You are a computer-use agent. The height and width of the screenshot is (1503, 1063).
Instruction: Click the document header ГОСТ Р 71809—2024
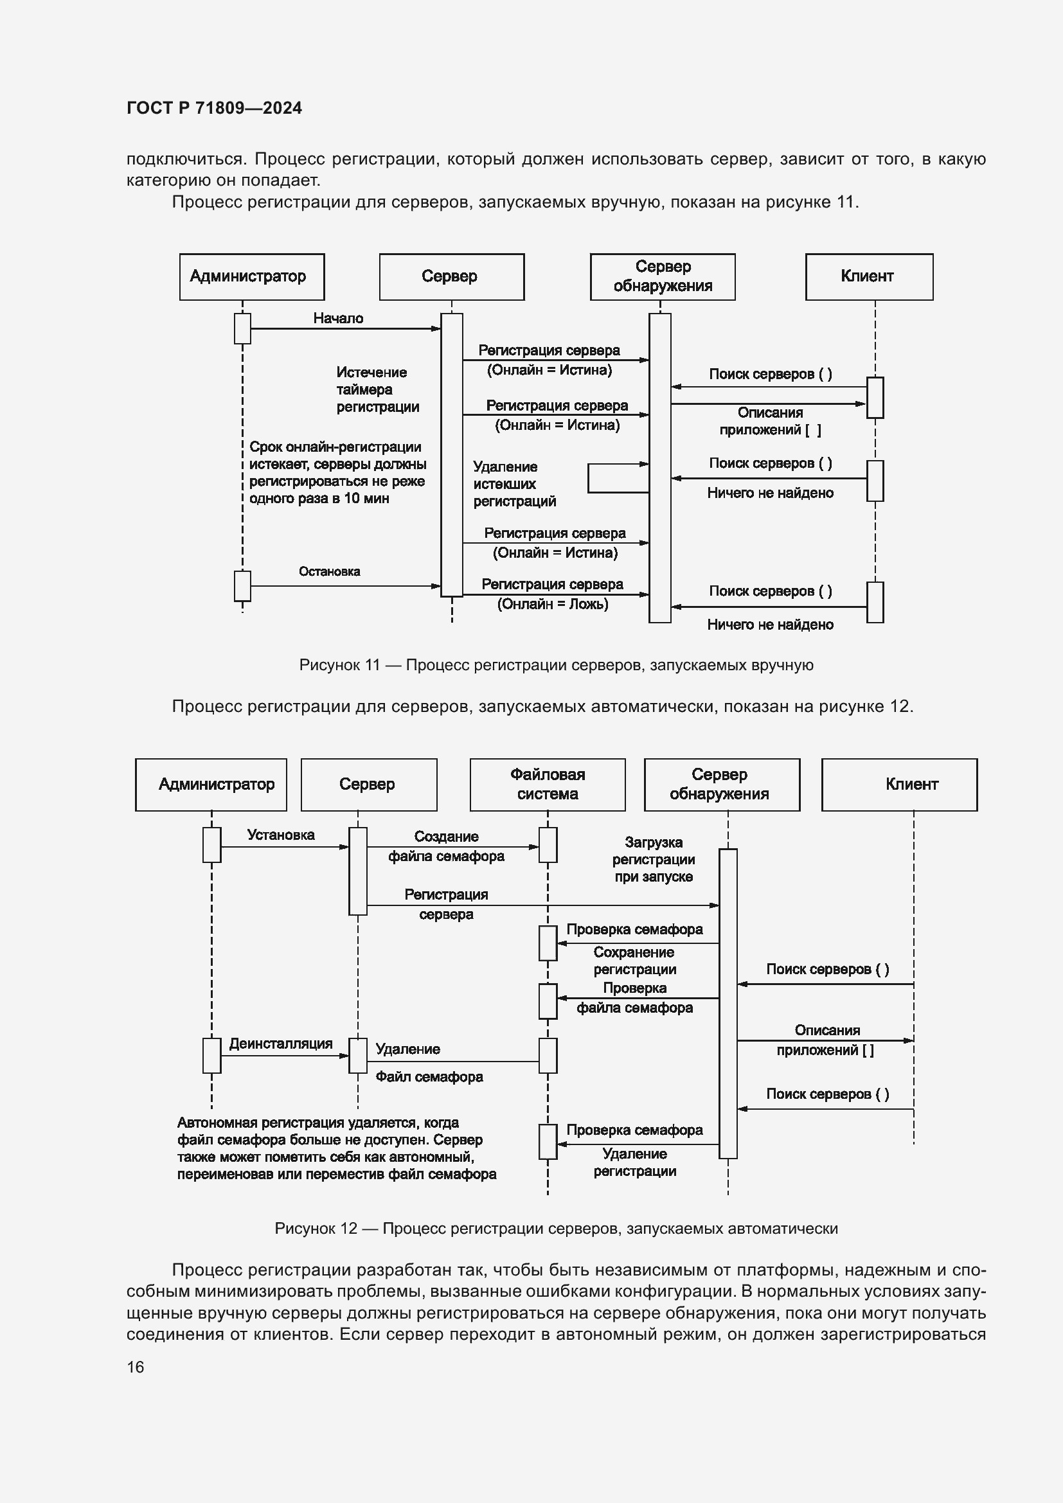click(214, 108)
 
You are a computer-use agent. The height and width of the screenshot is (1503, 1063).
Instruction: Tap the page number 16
click(136, 1367)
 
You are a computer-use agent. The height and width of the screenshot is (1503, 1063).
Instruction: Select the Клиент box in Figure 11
click(869, 277)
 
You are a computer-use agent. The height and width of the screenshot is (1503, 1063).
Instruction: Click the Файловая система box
click(547, 784)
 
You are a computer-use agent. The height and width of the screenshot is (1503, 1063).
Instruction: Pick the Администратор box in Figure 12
click(211, 784)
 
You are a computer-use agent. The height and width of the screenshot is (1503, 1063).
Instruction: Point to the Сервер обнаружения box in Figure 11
click(663, 277)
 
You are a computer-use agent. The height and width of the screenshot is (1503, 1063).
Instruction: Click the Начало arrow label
click(338, 318)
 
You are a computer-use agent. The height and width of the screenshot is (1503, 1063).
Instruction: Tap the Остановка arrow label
click(329, 571)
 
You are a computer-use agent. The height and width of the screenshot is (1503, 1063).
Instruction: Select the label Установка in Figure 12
click(281, 835)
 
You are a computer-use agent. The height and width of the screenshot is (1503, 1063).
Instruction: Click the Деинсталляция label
click(281, 1044)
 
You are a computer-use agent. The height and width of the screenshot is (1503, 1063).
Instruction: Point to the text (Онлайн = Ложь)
click(553, 604)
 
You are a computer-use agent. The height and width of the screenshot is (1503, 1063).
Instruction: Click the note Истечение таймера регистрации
click(378, 389)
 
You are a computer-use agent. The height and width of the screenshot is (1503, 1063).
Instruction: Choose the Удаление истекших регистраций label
click(515, 484)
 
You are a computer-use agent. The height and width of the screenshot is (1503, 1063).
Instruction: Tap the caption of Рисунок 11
click(556, 665)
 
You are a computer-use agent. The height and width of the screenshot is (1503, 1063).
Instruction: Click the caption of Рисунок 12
click(556, 1229)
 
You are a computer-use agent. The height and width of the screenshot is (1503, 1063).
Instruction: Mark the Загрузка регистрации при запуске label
click(653, 860)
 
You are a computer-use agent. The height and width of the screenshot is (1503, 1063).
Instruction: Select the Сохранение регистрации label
click(634, 960)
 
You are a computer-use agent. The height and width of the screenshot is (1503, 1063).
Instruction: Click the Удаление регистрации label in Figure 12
click(634, 1162)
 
